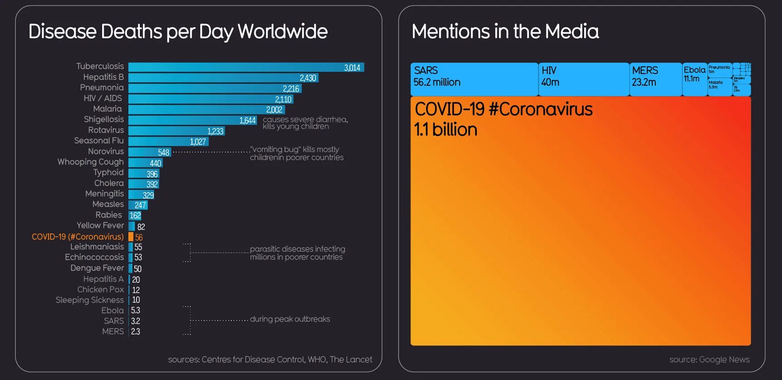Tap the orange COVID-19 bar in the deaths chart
(131, 237)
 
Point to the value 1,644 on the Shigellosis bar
(247, 120)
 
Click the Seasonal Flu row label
(99, 141)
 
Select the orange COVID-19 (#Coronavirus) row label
(78, 237)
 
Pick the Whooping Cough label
(90, 162)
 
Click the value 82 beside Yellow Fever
(141, 227)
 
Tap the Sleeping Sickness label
(89, 300)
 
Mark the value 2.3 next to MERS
(135, 331)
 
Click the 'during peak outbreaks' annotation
(290, 319)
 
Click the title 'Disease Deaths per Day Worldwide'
(178, 32)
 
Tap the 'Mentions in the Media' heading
(505, 32)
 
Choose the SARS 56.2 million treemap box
(474, 79)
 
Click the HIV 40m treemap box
(584, 79)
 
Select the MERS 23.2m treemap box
(655, 79)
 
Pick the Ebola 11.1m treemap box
(694, 79)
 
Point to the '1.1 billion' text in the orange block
(445, 130)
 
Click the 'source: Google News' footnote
(709, 360)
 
